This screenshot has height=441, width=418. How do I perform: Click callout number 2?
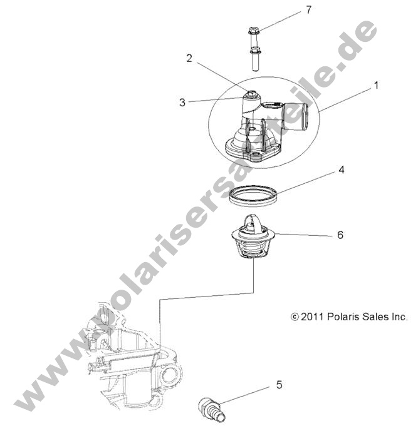[x=189, y=58]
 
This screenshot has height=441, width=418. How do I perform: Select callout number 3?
[x=182, y=102]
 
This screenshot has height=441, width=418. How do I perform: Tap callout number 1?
[x=376, y=86]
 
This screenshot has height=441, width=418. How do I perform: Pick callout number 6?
[x=340, y=235]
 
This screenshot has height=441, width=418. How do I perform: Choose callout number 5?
[x=278, y=385]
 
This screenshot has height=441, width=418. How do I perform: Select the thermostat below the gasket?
[x=253, y=241]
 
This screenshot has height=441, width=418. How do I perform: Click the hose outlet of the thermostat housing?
[x=292, y=117]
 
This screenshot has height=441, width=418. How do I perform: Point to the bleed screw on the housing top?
[x=250, y=96]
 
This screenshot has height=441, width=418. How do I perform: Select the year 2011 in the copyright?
[x=311, y=317]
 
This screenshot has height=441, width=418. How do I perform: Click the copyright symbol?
[x=295, y=317]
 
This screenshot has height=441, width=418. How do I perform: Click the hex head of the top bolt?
[x=254, y=31]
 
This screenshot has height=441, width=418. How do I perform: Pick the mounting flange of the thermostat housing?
[x=251, y=150]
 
